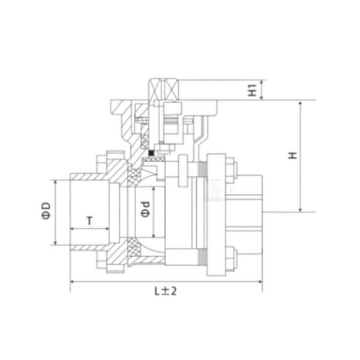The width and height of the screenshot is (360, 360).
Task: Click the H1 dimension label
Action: (253, 90)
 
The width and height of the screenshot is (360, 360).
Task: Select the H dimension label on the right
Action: (292, 155)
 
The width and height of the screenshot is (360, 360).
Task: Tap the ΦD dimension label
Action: (46, 212)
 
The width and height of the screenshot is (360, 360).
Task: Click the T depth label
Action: (89, 220)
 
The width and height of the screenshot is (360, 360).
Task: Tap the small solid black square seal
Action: (152, 153)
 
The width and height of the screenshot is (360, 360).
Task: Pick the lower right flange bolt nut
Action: (231, 257)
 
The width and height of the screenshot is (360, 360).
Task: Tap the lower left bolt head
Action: (100, 262)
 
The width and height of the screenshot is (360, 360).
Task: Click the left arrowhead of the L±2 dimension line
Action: (73, 281)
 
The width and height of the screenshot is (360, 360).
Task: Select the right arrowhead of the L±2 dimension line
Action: (260, 281)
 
